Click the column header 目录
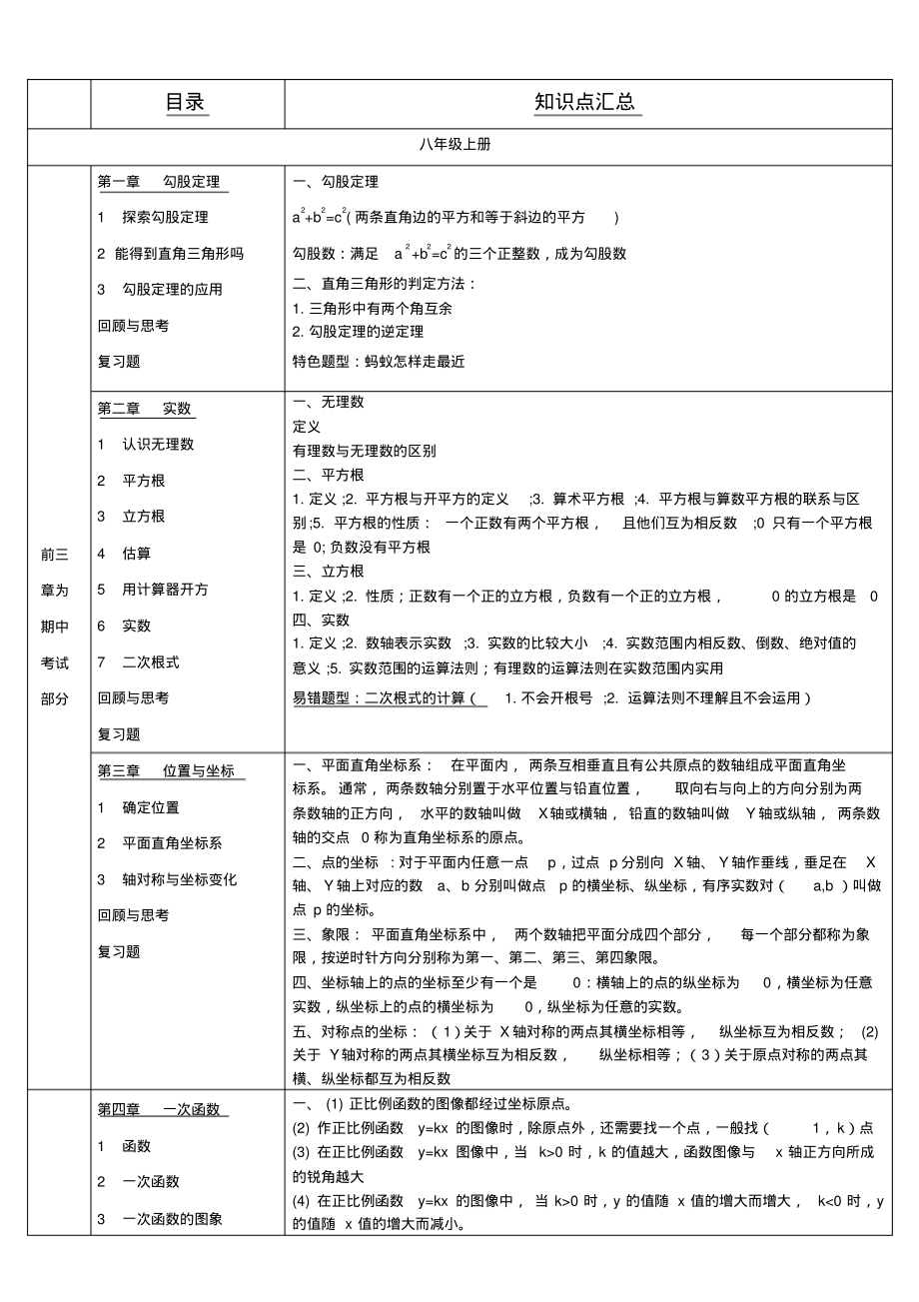click(x=187, y=103)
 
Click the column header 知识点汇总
click(x=586, y=103)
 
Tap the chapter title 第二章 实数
click(x=145, y=408)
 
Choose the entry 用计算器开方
click(x=165, y=589)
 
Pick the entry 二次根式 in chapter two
click(x=151, y=661)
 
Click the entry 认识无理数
click(x=158, y=444)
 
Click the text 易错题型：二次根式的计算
click(x=379, y=697)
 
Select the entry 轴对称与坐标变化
click(x=180, y=879)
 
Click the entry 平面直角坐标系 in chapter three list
click(x=172, y=843)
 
